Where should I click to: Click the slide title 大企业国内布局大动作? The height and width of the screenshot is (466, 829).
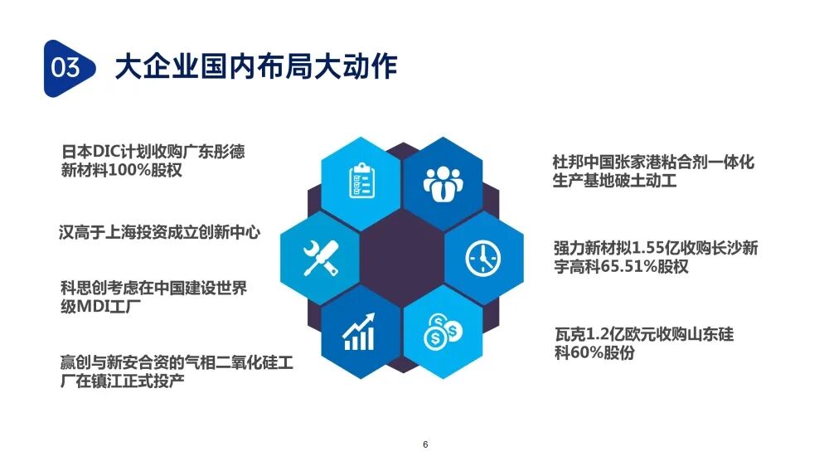click(x=255, y=66)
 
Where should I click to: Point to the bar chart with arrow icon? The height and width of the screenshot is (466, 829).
click(x=360, y=332)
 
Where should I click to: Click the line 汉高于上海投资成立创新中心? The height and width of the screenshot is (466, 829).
click(x=159, y=232)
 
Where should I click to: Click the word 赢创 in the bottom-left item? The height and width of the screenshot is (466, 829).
click(x=76, y=363)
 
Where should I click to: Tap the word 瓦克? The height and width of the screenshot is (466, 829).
click(x=570, y=335)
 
